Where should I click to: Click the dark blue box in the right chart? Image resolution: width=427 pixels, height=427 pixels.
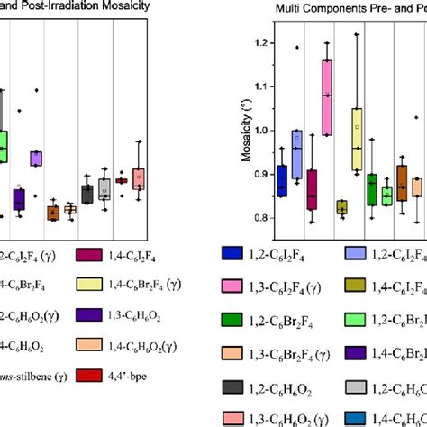[x=283, y=180]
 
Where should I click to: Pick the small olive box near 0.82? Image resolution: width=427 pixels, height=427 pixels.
[x=341, y=207]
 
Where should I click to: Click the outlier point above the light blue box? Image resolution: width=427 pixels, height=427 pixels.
[x=297, y=47]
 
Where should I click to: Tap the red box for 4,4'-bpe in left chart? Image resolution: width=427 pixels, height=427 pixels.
[x=121, y=181]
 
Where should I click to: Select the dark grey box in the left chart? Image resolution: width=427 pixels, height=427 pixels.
[x=86, y=194]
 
